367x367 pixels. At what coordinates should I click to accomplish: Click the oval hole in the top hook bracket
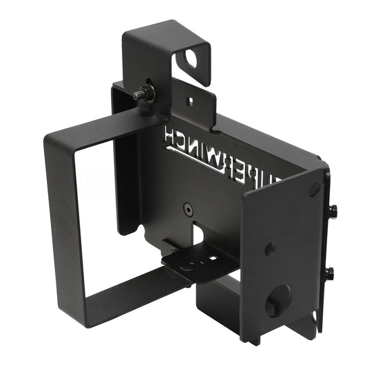(x=191, y=60)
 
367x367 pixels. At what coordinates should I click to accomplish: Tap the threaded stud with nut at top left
(x=144, y=94)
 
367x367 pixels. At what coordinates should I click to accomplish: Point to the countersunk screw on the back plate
(x=188, y=208)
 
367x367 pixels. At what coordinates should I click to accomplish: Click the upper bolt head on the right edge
(x=333, y=210)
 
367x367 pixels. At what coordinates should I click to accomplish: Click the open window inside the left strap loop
(x=96, y=213)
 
